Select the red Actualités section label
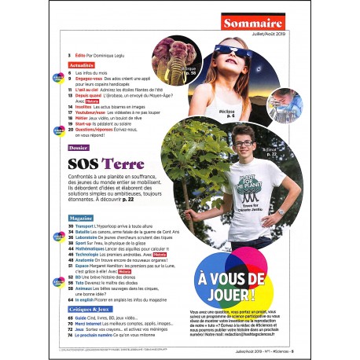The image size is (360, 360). [x=81, y=66]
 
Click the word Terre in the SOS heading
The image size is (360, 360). [x=123, y=164]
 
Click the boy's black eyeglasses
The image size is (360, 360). [x=242, y=145]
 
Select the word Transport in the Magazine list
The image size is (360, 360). [x=83, y=226]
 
